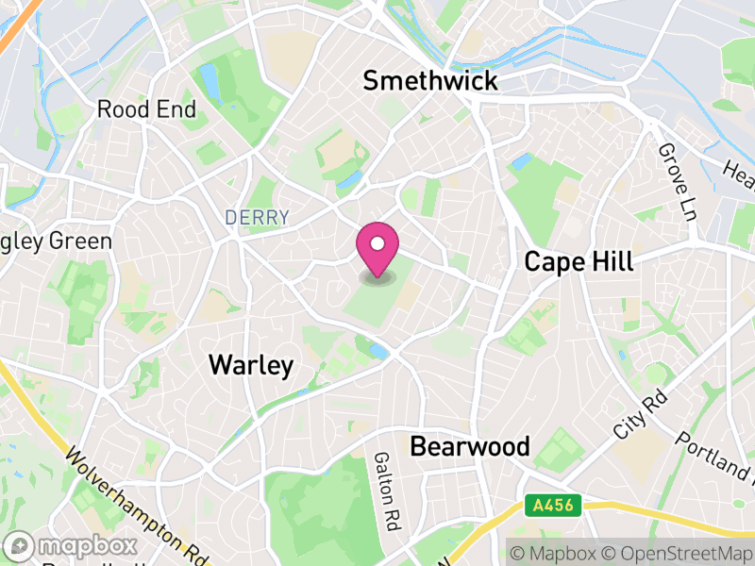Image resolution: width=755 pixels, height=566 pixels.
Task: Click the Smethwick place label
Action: pos(430,81)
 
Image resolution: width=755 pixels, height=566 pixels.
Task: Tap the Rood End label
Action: pos(146,109)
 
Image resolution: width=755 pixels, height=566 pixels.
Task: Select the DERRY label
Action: pos(257,218)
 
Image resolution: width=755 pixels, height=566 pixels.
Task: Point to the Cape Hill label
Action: pos(579,261)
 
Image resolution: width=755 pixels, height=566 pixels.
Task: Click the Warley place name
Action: pos(251,365)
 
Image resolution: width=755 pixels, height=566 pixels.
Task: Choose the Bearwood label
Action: pos(470,446)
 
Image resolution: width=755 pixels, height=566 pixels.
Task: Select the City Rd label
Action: pos(639,416)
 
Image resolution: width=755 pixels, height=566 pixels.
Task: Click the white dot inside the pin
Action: pos(377,244)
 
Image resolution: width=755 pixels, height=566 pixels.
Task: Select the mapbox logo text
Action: pos(88,546)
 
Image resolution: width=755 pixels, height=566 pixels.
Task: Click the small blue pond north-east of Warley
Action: pos(378,351)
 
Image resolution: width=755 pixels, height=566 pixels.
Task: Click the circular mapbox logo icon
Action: pos(20,546)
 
